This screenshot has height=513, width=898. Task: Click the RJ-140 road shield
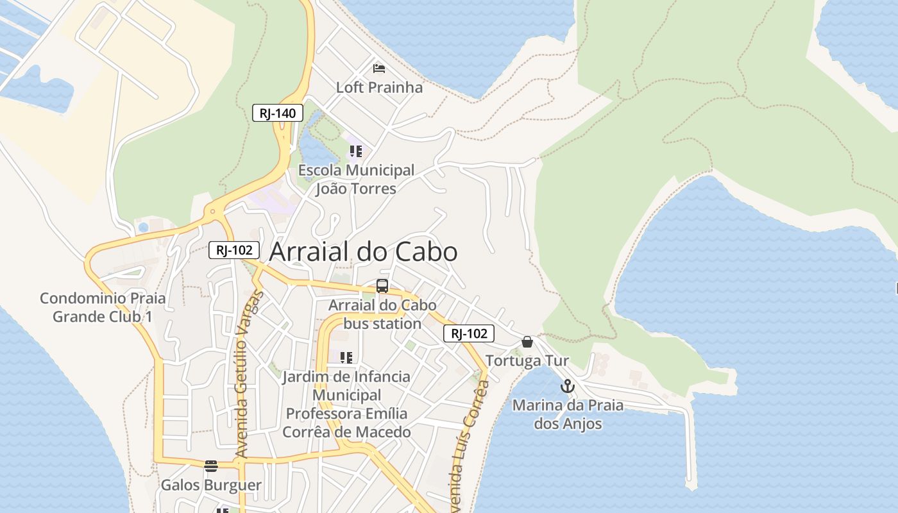coord(277,114)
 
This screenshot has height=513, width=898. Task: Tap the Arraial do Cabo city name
coord(363,252)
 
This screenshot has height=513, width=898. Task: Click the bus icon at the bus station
coord(382,286)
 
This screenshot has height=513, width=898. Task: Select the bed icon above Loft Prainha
coord(379,68)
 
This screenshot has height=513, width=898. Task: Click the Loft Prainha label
coord(380,87)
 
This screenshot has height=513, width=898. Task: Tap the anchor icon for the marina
coord(567,386)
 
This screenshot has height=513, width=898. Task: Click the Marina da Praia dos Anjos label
coord(568,414)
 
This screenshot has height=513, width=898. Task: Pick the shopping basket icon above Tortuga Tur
coord(527,342)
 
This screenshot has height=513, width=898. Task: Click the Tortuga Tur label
coord(527,361)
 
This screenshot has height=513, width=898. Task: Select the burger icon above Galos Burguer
coord(211,466)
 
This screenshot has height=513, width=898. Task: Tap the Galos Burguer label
coord(211,485)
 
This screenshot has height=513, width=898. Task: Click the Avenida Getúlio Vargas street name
coord(250,374)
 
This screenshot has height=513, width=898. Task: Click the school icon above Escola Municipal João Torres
coord(356,151)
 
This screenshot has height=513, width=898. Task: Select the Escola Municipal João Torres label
coord(356,180)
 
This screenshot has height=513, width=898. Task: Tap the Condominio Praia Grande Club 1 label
coord(103,307)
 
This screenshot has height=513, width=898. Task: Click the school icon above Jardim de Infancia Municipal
coord(346,357)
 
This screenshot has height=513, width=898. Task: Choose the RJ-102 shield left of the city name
coord(234,250)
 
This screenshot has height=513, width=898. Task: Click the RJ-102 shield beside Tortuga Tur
coord(469,333)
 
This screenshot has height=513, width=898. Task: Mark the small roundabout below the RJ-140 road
coord(212,211)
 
